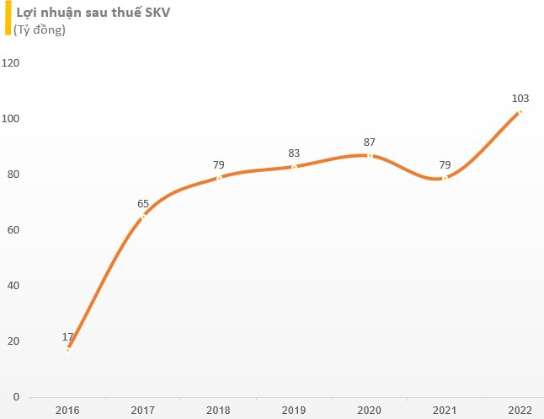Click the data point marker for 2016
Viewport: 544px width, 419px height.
[x=68, y=350]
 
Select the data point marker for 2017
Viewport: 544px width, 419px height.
[x=143, y=217]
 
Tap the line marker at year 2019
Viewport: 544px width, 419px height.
[x=294, y=167]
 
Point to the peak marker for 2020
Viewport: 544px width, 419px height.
[x=370, y=156]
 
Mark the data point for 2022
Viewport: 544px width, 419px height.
[x=520, y=112]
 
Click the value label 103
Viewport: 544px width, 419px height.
[x=520, y=99]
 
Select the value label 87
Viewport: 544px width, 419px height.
[x=369, y=142]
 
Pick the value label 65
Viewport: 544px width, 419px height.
[x=143, y=203]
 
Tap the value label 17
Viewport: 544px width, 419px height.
[x=67, y=336]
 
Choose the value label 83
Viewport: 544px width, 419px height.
[x=294, y=153]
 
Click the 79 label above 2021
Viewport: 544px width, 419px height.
[x=445, y=164]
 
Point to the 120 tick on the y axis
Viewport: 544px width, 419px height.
[x=10, y=63]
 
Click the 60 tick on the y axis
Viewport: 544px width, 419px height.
[x=13, y=229]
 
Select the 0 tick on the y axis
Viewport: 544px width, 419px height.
[x=16, y=396]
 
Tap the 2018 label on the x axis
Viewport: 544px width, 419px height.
[x=218, y=411]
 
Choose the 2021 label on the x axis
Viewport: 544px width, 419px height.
[x=445, y=411]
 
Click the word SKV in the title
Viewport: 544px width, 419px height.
[x=157, y=13]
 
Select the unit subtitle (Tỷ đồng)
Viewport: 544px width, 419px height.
[x=40, y=30]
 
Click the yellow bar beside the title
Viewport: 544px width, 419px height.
[x=8, y=18]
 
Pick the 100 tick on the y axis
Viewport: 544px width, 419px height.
[x=10, y=119]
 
